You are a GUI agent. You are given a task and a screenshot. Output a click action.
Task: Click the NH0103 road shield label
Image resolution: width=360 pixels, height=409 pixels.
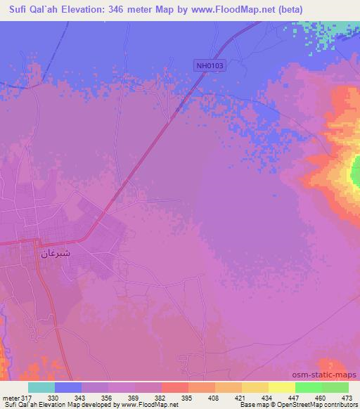click(x=210, y=65)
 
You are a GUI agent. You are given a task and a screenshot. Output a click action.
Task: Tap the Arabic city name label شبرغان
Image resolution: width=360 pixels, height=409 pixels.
click(x=56, y=253)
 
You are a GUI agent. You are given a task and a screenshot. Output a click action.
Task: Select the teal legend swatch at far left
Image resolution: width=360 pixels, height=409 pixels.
click(x=41, y=387)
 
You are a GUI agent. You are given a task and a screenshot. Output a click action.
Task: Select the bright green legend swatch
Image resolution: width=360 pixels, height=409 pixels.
click(x=308, y=387)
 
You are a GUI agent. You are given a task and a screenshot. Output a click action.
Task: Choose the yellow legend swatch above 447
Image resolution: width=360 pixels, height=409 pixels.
click(x=281, y=387)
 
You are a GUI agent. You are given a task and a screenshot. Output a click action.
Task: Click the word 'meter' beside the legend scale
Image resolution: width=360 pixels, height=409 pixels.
click(x=9, y=397)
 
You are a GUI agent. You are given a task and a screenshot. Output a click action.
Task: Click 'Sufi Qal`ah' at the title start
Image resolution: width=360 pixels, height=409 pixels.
click(x=34, y=9)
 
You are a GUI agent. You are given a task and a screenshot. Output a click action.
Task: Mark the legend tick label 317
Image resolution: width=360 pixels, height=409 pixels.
click(x=27, y=397)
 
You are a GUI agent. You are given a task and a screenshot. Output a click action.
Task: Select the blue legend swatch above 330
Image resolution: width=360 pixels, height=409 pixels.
click(x=68, y=387)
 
